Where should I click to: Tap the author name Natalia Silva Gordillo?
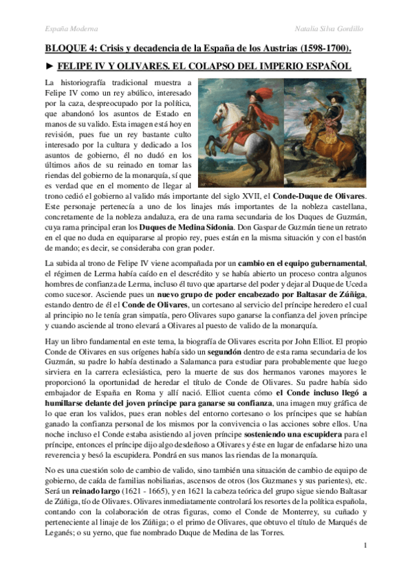(337, 29)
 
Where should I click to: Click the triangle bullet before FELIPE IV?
(48, 67)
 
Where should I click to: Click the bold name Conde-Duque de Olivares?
(319, 196)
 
